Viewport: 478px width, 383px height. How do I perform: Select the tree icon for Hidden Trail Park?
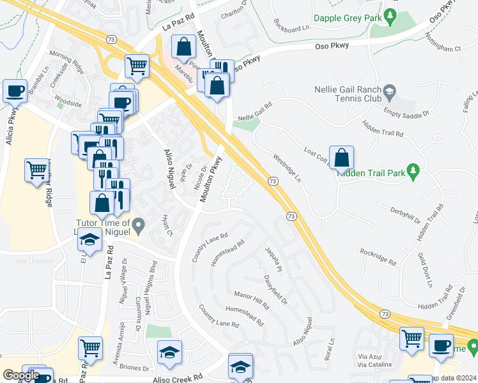point(413,170)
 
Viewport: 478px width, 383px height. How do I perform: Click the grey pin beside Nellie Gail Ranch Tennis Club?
point(389,94)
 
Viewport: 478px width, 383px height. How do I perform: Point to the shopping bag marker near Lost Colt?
point(341,158)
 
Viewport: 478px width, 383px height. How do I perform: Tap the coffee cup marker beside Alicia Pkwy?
point(15,91)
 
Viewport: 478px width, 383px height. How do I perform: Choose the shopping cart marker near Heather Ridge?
point(36,170)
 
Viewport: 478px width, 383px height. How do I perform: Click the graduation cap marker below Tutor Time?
point(90,241)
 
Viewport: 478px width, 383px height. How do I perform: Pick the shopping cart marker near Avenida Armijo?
point(91,349)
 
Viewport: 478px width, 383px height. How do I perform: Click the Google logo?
point(21,375)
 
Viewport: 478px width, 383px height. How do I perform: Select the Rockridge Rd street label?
point(378,256)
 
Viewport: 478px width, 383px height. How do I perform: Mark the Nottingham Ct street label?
point(445,48)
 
